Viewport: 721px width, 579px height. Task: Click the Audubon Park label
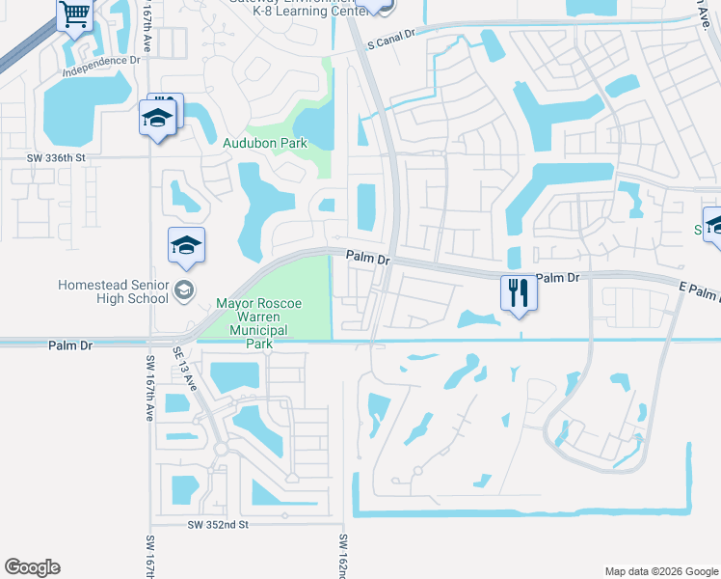point(265,143)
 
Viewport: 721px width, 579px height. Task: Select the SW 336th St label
point(56,156)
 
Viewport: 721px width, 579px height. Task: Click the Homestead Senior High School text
point(113,291)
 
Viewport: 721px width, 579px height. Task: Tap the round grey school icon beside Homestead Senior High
point(183,289)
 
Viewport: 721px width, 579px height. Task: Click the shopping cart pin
point(75,15)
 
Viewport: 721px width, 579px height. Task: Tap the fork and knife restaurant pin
point(518,291)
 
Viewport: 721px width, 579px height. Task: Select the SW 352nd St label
point(218,524)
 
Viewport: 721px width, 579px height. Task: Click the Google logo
point(32,567)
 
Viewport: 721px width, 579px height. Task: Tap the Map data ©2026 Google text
point(661,571)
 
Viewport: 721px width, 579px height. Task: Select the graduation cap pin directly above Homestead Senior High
point(186,245)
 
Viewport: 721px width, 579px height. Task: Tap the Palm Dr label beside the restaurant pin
point(560,278)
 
